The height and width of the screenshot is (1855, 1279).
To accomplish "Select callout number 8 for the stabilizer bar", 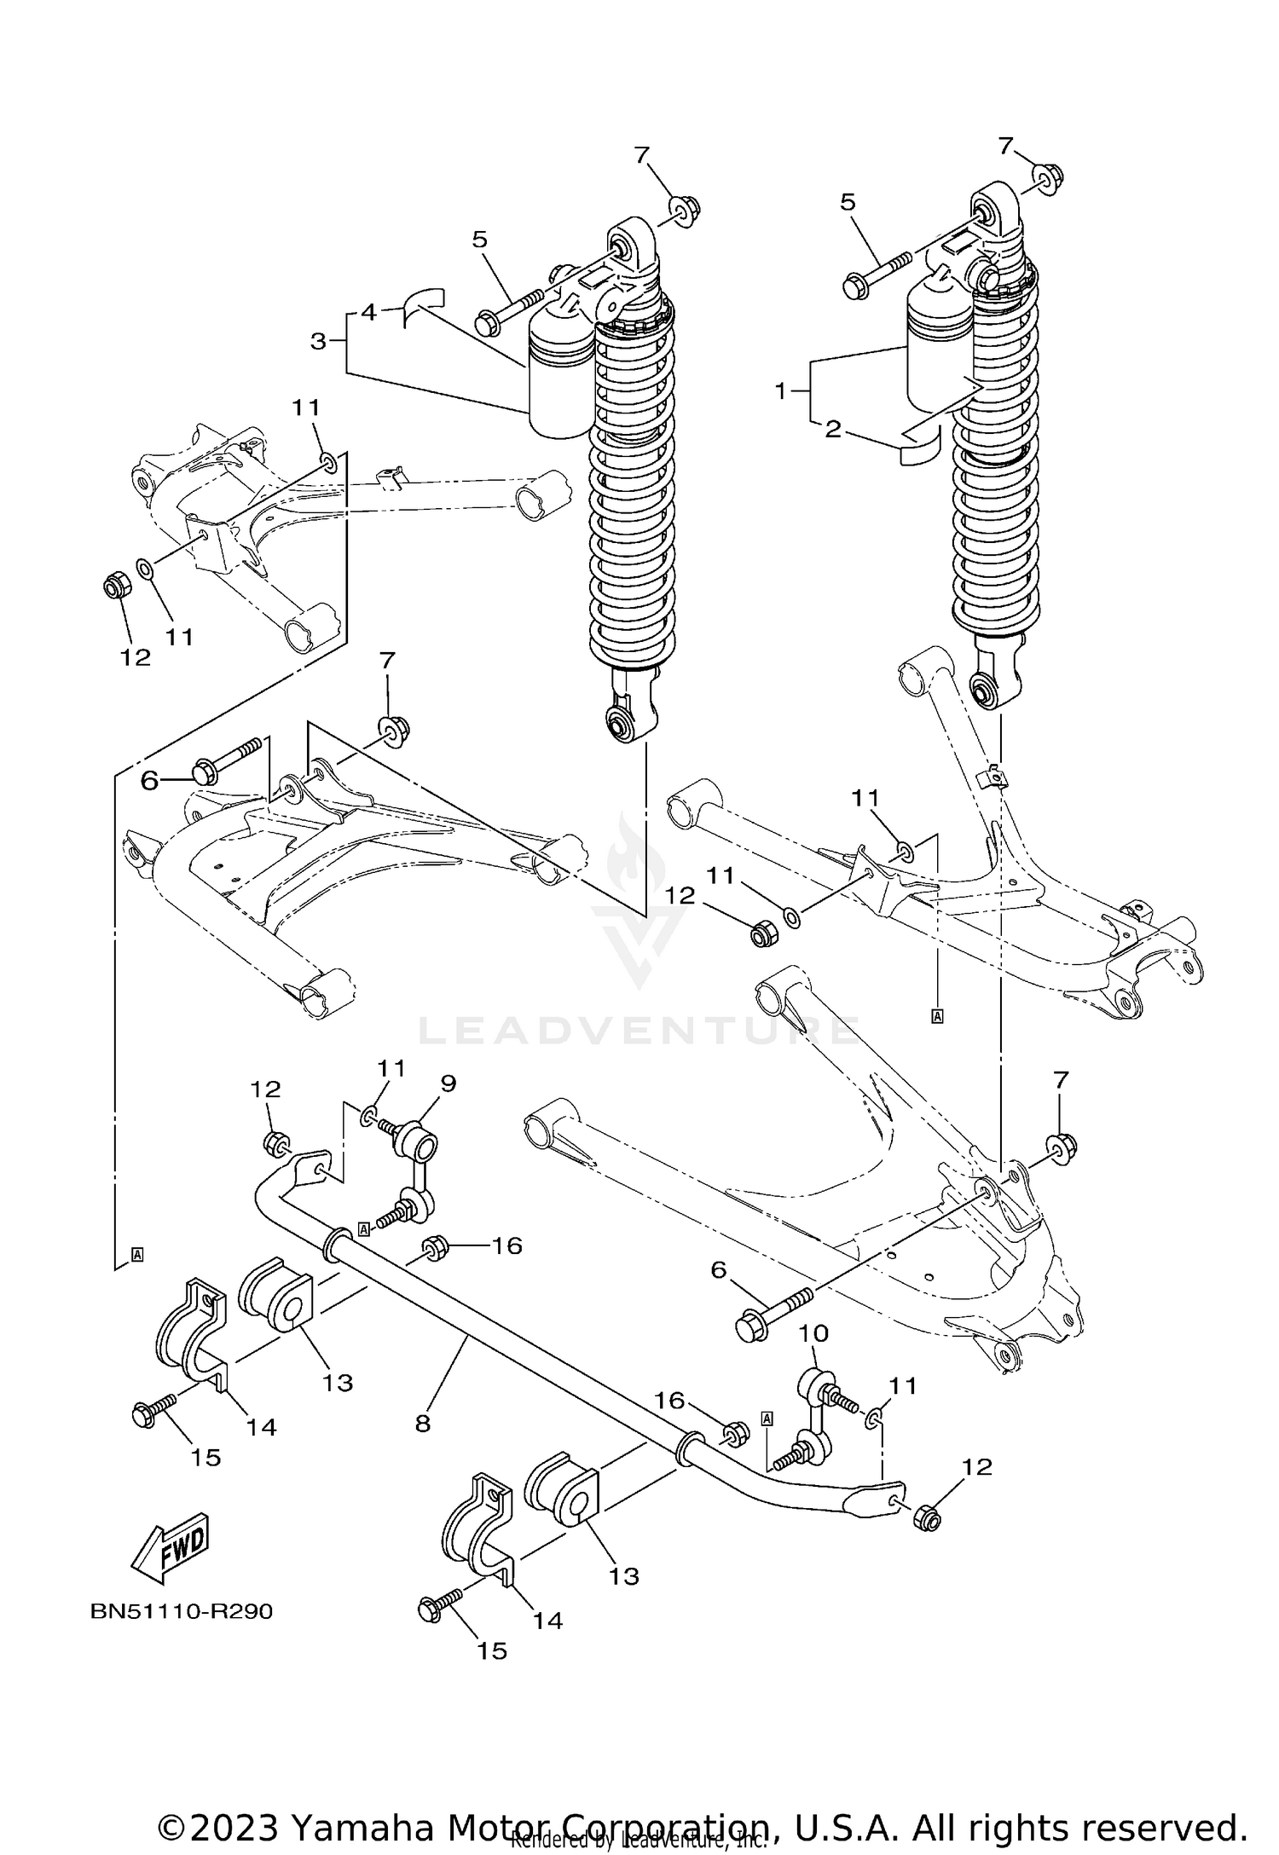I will click(x=423, y=1423).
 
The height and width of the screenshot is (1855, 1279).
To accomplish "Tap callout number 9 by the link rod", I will click(x=448, y=1083).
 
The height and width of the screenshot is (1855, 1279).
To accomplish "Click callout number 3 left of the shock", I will click(x=319, y=342).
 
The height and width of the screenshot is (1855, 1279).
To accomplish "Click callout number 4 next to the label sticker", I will click(x=368, y=312).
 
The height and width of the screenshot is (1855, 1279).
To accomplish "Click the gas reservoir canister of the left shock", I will click(x=561, y=375).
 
